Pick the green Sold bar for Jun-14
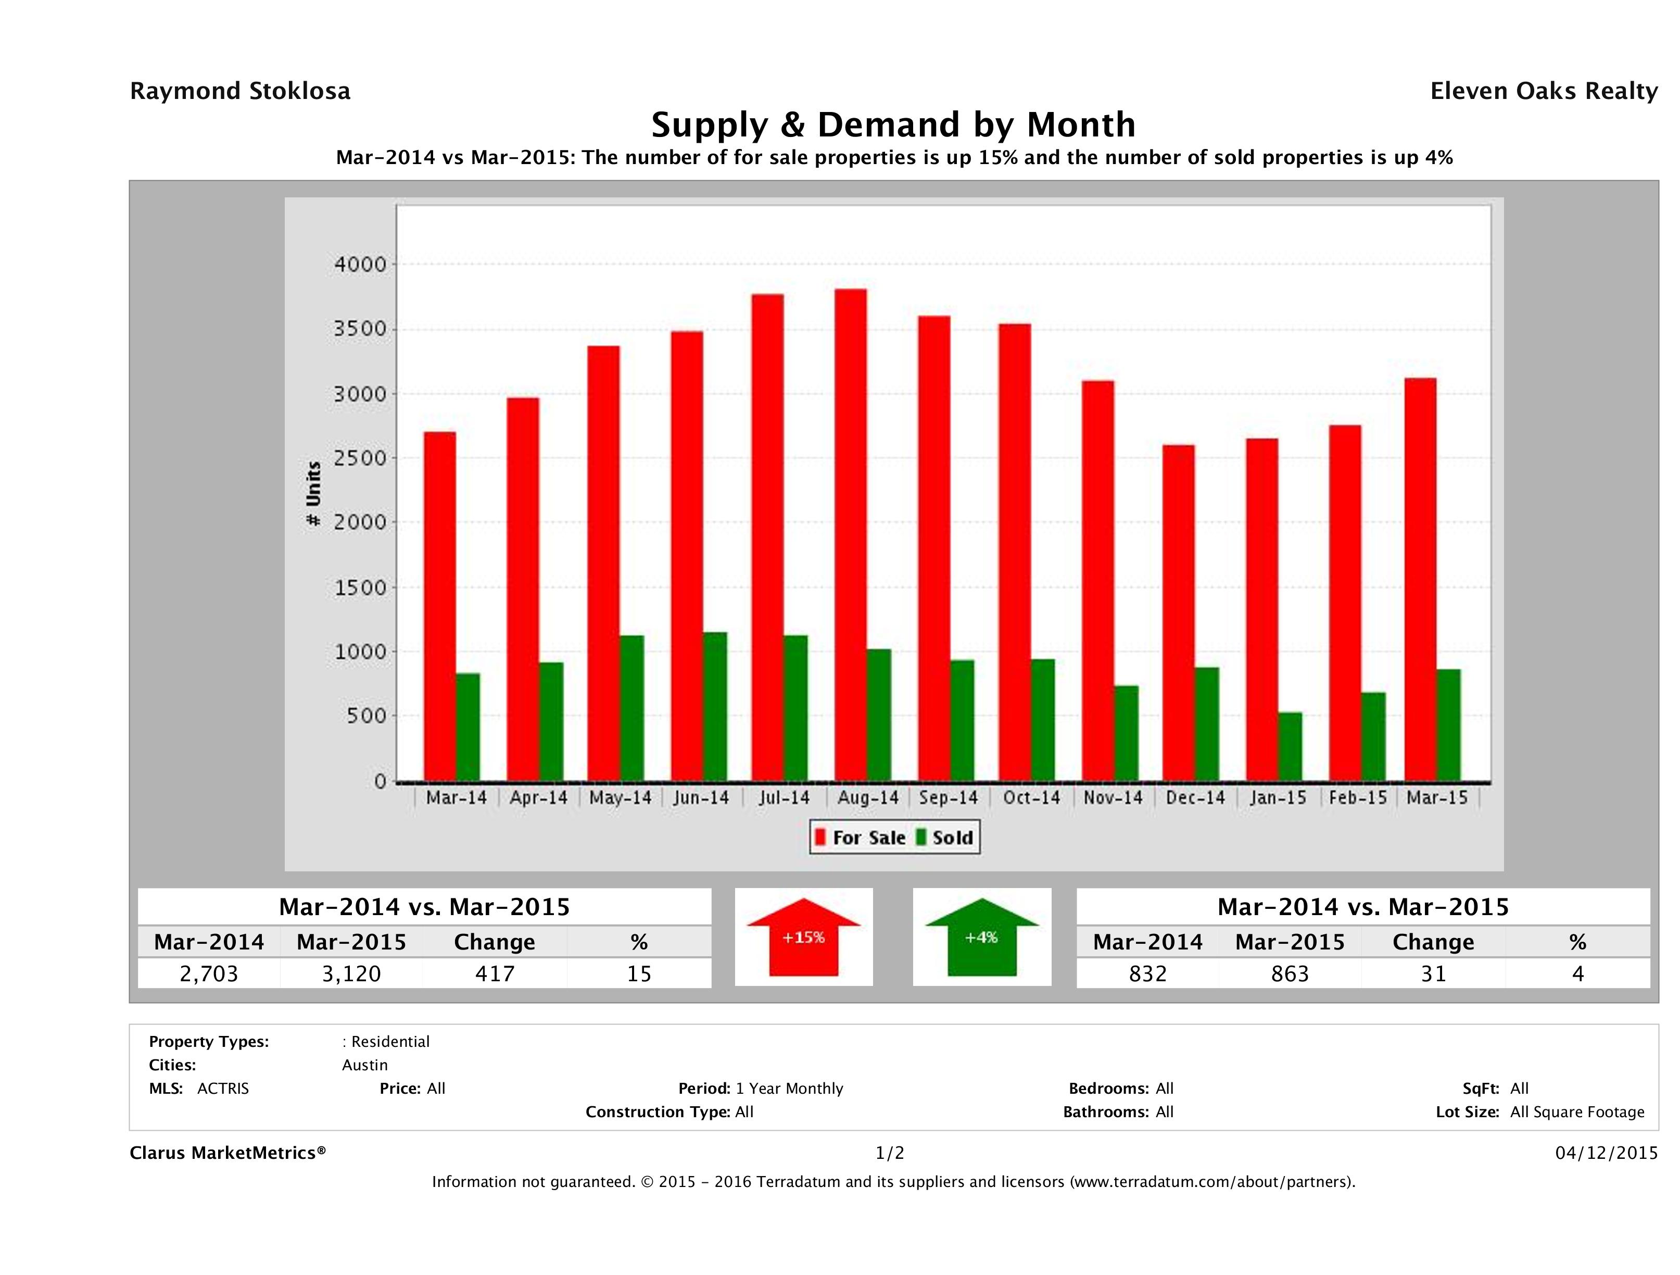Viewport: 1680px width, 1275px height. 715,707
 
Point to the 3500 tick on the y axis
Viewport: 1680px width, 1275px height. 360,329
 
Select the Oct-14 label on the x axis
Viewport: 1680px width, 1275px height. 1031,798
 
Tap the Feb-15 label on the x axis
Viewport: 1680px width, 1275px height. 1358,798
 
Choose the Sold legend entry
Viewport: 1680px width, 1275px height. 945,838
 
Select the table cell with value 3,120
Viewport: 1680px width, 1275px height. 351,973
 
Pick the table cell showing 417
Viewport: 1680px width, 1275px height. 495,973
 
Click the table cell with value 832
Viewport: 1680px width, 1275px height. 1147,973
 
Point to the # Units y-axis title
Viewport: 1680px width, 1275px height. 313,494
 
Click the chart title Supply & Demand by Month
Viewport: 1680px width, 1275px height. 893,124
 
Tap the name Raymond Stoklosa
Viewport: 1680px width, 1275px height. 240,91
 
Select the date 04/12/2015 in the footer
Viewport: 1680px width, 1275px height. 1606,1153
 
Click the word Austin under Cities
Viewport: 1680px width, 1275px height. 364,1065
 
